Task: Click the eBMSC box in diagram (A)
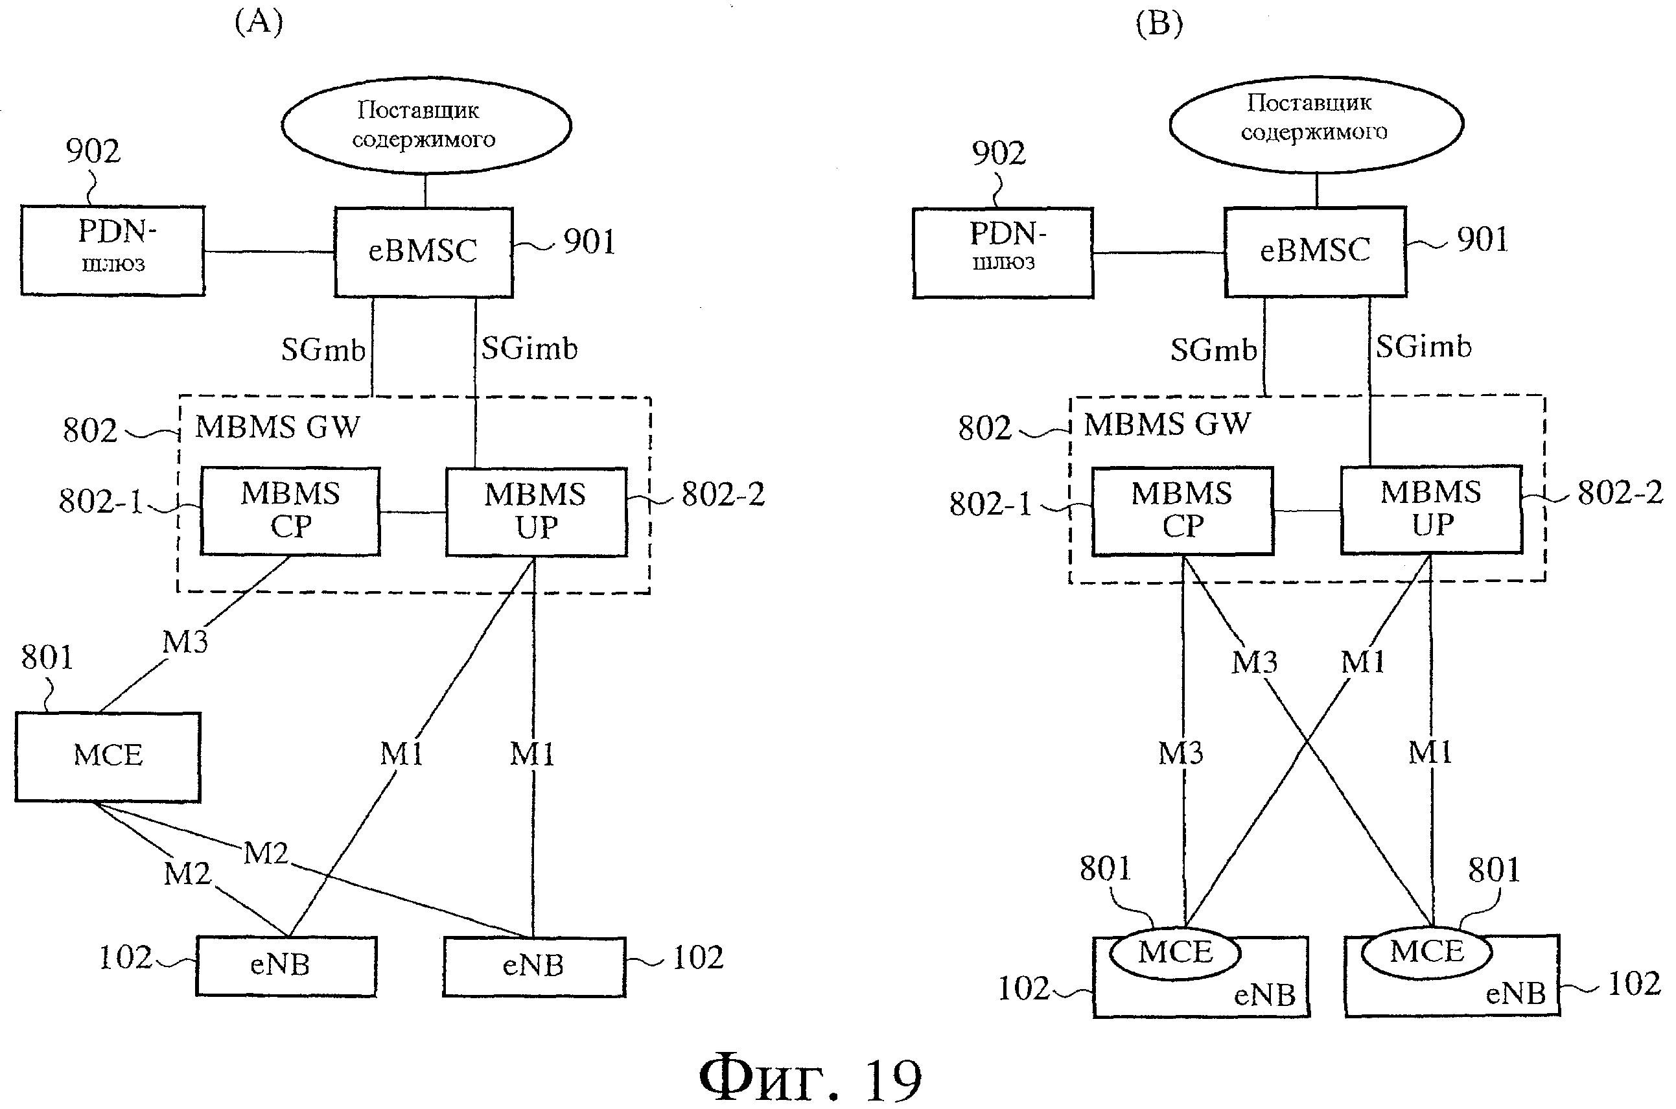[424, 251]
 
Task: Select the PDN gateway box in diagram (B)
[1003, 253]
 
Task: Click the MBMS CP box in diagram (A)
[290, 511]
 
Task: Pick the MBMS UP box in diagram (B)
[1431, 509]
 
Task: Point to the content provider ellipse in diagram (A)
[426, 125]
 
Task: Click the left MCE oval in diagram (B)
[1175, 953]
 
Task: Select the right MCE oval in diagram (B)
[1427, 952]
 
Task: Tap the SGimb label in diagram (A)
[529, 349]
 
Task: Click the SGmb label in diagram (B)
[1213, 350]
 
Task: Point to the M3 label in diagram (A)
[185, 642]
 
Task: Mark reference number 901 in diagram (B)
[1482, 240]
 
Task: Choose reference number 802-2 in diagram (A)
[723, 495]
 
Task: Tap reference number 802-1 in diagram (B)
[990, 504]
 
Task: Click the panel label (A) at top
[259, 22]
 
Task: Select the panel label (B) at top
[1159, 24]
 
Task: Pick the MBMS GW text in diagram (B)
[1167, 425]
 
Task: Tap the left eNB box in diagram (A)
[286, 966]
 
